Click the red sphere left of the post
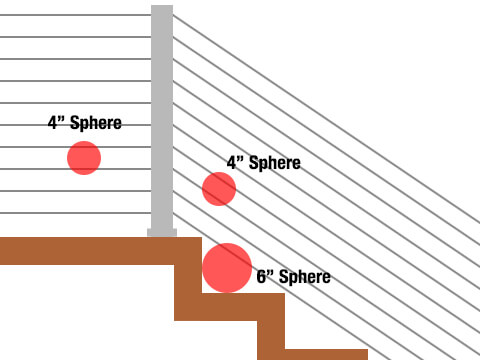(84, 158)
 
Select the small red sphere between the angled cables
(219, 188)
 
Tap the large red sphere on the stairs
(227, 268)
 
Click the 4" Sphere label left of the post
(85, 124)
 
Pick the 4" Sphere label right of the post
(263, 162)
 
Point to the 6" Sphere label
(293, 277)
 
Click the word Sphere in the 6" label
(303, 277)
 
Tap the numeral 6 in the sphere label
(261, 277)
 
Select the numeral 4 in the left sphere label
(53, 124)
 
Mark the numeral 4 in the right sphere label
(231, 162)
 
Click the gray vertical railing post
(162, 120)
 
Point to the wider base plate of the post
(162, 233)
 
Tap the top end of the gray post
(162, 9)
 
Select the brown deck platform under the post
(90, 250)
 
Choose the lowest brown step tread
(320, 354)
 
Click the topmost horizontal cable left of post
(75, 15)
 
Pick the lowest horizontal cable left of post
(75, 213)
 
